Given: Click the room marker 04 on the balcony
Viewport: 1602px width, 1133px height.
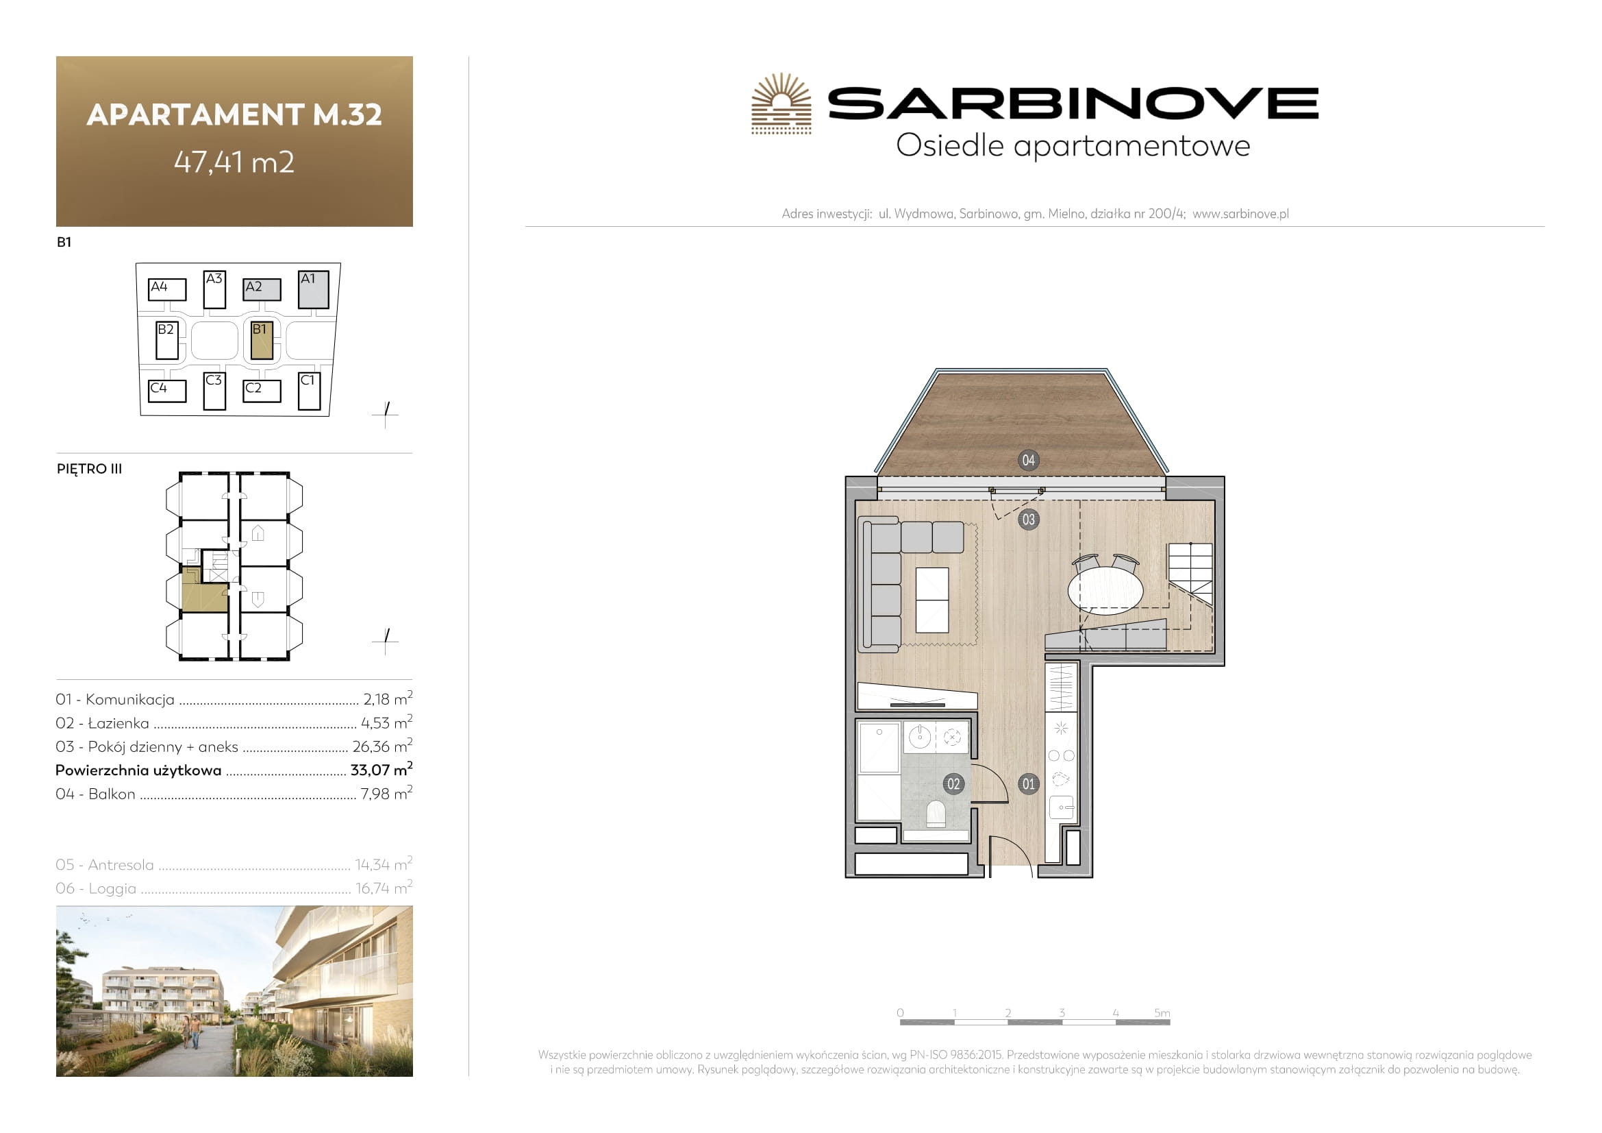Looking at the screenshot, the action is tap(1028, 460).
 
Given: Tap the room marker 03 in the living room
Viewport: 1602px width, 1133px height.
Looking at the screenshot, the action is tap(1028, 520).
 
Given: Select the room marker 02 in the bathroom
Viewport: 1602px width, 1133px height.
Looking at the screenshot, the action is tap(953, 784).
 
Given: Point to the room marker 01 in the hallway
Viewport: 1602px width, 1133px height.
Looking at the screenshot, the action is tap(1028, 784).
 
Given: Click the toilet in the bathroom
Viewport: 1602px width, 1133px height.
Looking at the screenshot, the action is tap(935, 814).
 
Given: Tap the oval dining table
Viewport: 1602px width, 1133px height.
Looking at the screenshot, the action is tap(1105, 591).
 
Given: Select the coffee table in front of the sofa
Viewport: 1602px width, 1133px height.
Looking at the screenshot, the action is tap(931, 600).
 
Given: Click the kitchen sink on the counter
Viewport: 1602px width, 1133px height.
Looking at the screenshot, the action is tap(1060, 807).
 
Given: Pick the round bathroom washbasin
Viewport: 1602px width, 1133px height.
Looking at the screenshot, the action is tap(920, 738).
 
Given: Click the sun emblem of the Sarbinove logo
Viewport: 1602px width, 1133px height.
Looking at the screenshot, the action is tap(781, 103).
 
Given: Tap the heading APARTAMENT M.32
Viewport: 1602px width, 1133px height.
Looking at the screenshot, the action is tap(234, 114).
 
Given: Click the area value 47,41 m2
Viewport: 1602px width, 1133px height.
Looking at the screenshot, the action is tap(234, 162).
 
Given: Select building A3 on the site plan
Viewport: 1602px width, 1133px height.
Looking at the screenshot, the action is tap(214, 289).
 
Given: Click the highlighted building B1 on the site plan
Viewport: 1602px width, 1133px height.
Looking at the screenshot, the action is tap(262, 340).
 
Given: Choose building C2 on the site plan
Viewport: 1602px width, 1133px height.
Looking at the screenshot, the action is tap(262, 391).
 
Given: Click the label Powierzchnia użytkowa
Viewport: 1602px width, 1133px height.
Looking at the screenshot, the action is tap(138, 770).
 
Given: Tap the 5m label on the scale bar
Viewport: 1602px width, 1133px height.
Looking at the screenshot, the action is tap(1162, 1013).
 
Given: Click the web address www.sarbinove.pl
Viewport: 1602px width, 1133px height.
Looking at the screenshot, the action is tap(1240, 214).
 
